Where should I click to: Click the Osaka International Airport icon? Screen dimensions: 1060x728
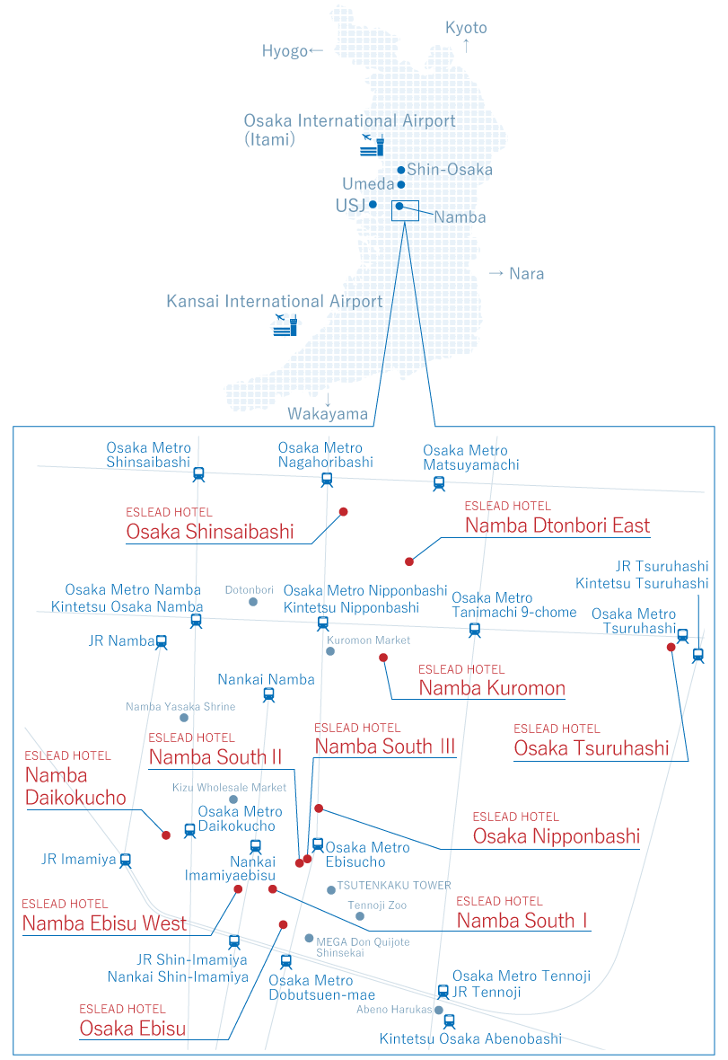pos(372,144)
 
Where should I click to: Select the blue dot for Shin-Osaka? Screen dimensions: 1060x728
pos(401,170)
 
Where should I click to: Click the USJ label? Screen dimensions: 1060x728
pos(349,206)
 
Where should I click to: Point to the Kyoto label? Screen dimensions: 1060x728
pos(466,28)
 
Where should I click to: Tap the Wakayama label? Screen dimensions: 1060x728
pos(328,414)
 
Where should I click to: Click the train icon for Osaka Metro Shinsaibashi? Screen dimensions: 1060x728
pos(198,473)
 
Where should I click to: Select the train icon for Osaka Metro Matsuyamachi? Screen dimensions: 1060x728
pos(439,483)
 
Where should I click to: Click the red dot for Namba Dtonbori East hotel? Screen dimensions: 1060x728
pos(409,561)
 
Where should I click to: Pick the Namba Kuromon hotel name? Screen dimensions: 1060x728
pos(492,689)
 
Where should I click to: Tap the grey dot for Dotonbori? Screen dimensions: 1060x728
pos(253,601)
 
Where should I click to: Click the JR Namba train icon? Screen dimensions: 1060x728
pos(162,641)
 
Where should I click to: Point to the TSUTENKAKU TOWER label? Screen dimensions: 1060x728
pos(394,886)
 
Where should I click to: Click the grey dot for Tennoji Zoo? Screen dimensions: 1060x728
pos(360,916)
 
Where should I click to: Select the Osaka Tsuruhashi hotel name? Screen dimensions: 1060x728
pos(591,748)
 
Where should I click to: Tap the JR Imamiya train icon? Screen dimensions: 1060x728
pos(126,860)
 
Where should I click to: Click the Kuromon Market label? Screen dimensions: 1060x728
pos(368,640)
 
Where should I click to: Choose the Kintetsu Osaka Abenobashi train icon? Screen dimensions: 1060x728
pos(449,1021)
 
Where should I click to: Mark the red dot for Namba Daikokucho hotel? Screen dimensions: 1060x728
pos(166,835)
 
